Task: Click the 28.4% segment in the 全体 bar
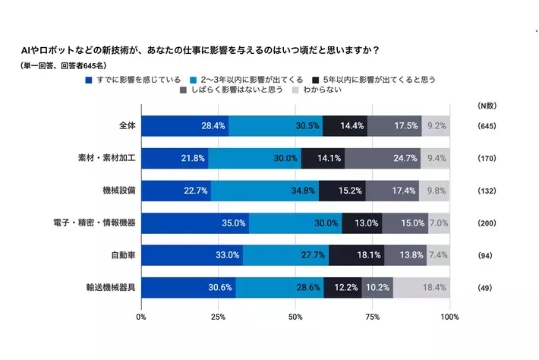[184, 126]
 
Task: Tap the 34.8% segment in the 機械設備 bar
[265, 191]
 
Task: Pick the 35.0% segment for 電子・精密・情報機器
[195, 223]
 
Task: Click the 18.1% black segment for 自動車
[356, 256]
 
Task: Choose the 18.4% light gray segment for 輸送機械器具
[421, 289]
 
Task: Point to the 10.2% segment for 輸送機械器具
[377, 289]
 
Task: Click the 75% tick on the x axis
[373, 316]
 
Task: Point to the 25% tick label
[218, 316]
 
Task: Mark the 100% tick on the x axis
[449, 316]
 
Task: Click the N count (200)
[487, 223]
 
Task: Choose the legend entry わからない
[323, 90]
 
